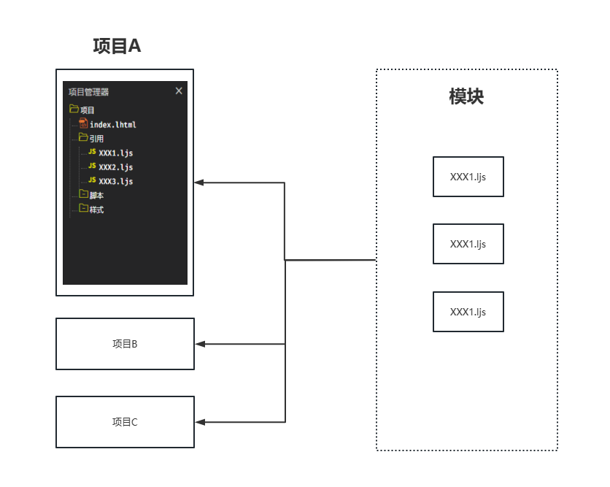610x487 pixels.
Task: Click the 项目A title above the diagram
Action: pyautogui.click(x=117, y=46)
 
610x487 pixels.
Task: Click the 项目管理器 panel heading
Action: pyautogui.click(x=89, y=92)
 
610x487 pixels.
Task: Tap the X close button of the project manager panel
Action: pyautogui.click(x=179, y=91)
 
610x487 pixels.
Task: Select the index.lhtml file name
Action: pyautogui.click(x=113, y=125)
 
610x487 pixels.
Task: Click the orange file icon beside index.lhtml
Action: pyautogui.click(x=83, y=123)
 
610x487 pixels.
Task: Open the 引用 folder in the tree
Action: pyautogui.click(x=96, y=139)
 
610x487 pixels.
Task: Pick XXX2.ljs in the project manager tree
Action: pyautogui.click(x=115, y=167)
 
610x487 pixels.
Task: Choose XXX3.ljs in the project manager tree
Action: pyautogui.click(x=115, y=181)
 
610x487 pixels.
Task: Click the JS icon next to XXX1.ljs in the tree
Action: pyautogui.click(x=92, y=151)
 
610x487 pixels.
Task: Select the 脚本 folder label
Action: pyautogui.click(x=96, y=196)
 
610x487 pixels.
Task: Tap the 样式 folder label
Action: pyautogui.click(x=96, y=210)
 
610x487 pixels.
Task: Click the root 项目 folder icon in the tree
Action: pyautogui.click(x=74, y=109)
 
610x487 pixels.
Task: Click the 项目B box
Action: pyautogui.click(x=125, y=344)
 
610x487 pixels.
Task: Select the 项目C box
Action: pyautogui.click(x=125, y=422)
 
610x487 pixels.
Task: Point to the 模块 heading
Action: pyautogui.click(x=466, y=96)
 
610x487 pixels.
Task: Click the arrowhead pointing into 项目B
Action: pyautogui.click(x=200, y=344)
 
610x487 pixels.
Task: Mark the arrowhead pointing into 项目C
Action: pyautogui.click(x=200, y=422)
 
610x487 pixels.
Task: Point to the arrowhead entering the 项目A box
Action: pyautogui.click(x=199, y=183)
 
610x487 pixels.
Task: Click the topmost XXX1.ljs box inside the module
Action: pyautogui.click(x=468, y=177)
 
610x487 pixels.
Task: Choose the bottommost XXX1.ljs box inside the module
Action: pyautogui.click(x=468, y=312)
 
